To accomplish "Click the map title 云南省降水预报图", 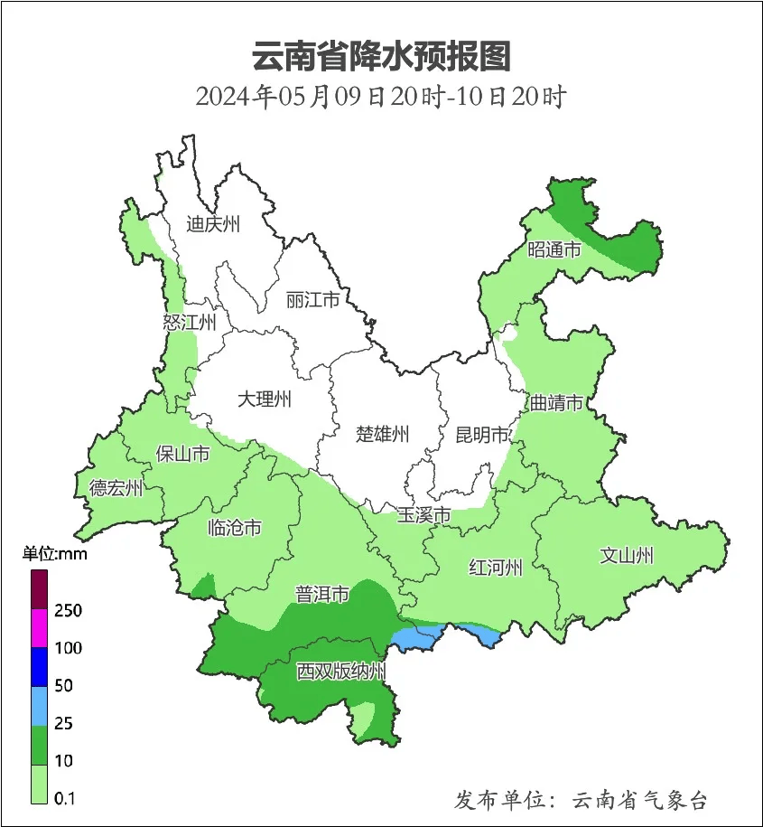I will (381, 56).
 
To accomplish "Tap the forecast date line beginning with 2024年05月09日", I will (380, 96).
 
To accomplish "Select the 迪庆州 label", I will (213, 224).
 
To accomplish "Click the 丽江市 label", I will (312, 299).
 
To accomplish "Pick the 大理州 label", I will (265, 399).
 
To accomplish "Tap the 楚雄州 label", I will (382, 435).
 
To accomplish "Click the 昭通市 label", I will (554, 249).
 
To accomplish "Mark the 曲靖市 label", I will (555, 402).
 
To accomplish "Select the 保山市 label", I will (182, 453).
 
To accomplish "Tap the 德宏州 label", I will (116, 488).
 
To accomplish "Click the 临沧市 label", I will (235, 527).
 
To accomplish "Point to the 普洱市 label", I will (322, 594).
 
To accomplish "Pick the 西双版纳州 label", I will (341, 672).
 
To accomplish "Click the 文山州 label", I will (627, 556).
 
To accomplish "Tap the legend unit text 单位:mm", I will (54, 554).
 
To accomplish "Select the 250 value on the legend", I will (68, 610).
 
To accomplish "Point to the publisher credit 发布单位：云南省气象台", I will (581, 799).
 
